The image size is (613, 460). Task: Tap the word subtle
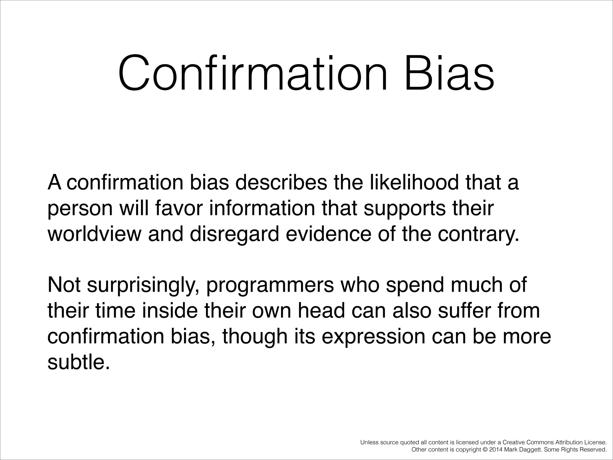point(77,362)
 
